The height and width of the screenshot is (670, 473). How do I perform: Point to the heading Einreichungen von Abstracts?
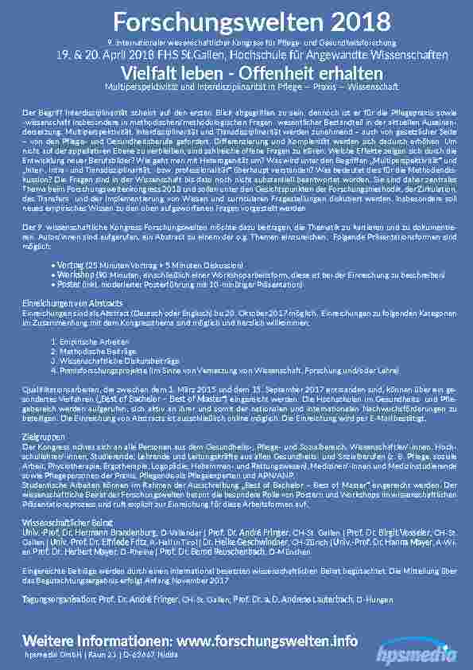72,304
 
